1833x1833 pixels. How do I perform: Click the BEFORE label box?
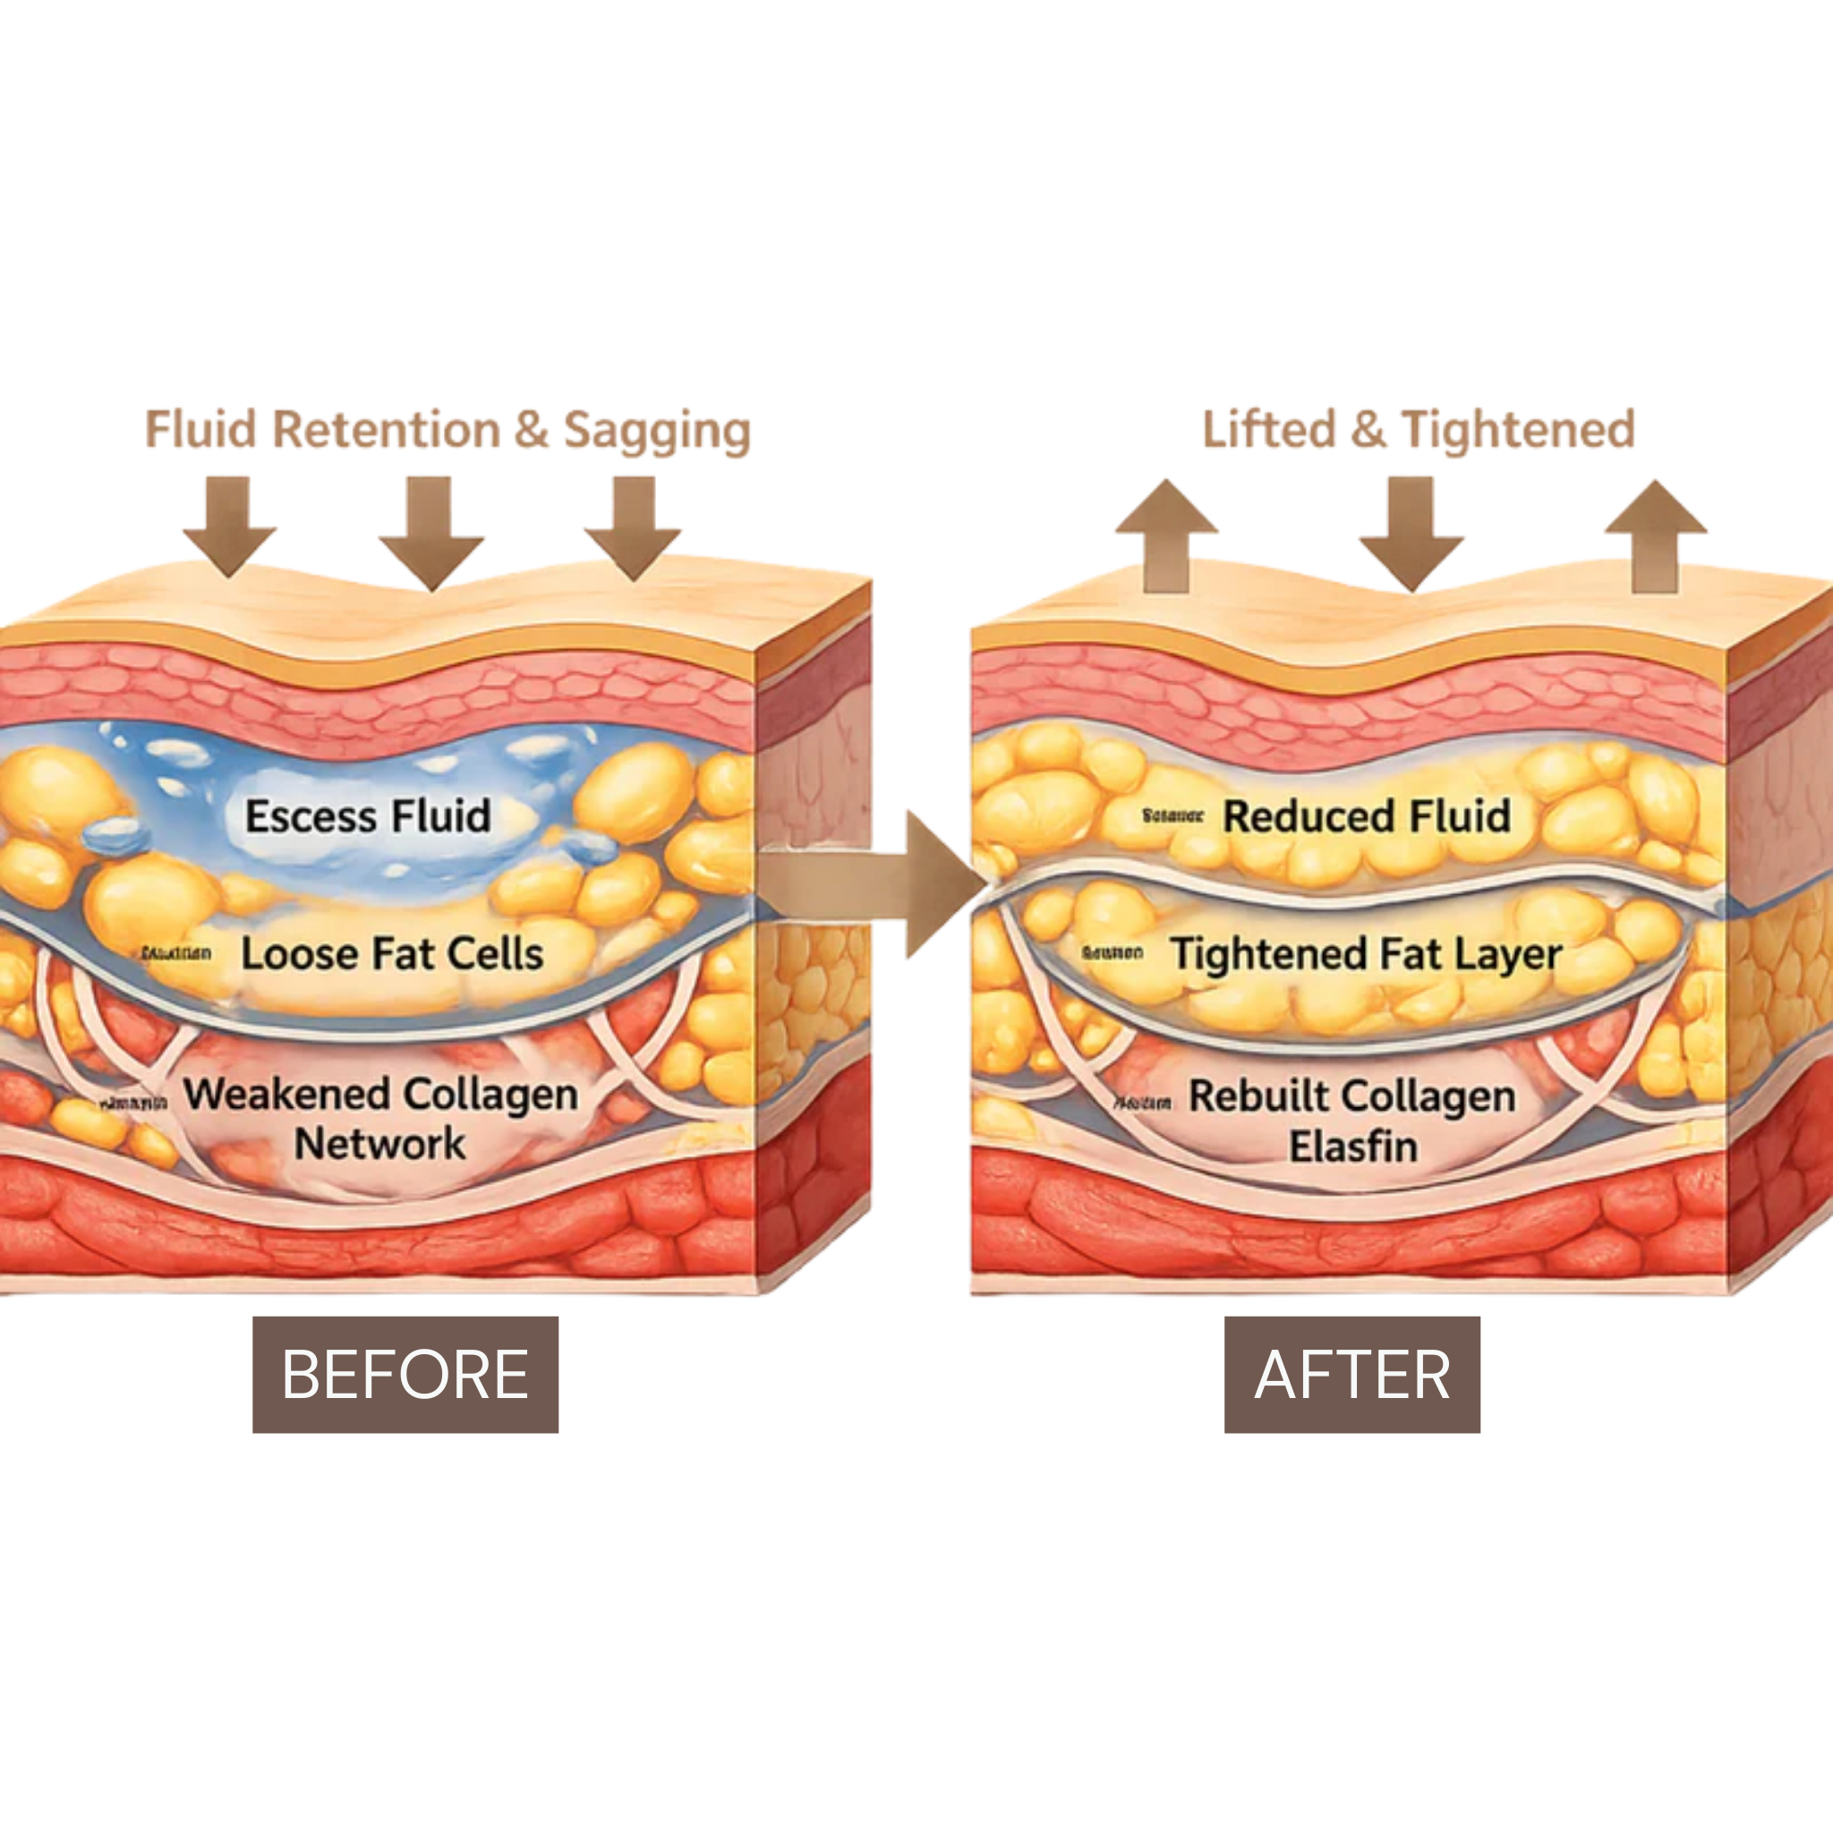tap(405, 1374)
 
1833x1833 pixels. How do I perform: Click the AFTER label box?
tap(1352, 1374)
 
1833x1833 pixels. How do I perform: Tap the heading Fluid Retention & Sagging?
tap(448, 430)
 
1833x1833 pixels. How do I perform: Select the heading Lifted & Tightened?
tap(1419, 429)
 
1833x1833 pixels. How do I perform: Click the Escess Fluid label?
tap(368, 816)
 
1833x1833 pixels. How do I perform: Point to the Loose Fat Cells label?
tap(392, 953)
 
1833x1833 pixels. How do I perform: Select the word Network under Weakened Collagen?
tap(379, 1143)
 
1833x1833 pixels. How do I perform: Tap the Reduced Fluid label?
tap(1366, 816)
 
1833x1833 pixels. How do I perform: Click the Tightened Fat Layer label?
tap(1366, 953)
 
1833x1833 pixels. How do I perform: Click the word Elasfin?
tap(1353, 1147)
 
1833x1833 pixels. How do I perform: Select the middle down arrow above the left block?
tap(431, 532)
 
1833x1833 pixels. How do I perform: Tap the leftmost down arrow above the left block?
tap(230, 524)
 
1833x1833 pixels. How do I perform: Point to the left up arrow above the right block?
tap(1166, 535)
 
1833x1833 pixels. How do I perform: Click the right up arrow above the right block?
tap(1656, 535)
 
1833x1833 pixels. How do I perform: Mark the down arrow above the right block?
tap(1411, 533)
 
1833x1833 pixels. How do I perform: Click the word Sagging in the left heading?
tap(657, 430)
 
